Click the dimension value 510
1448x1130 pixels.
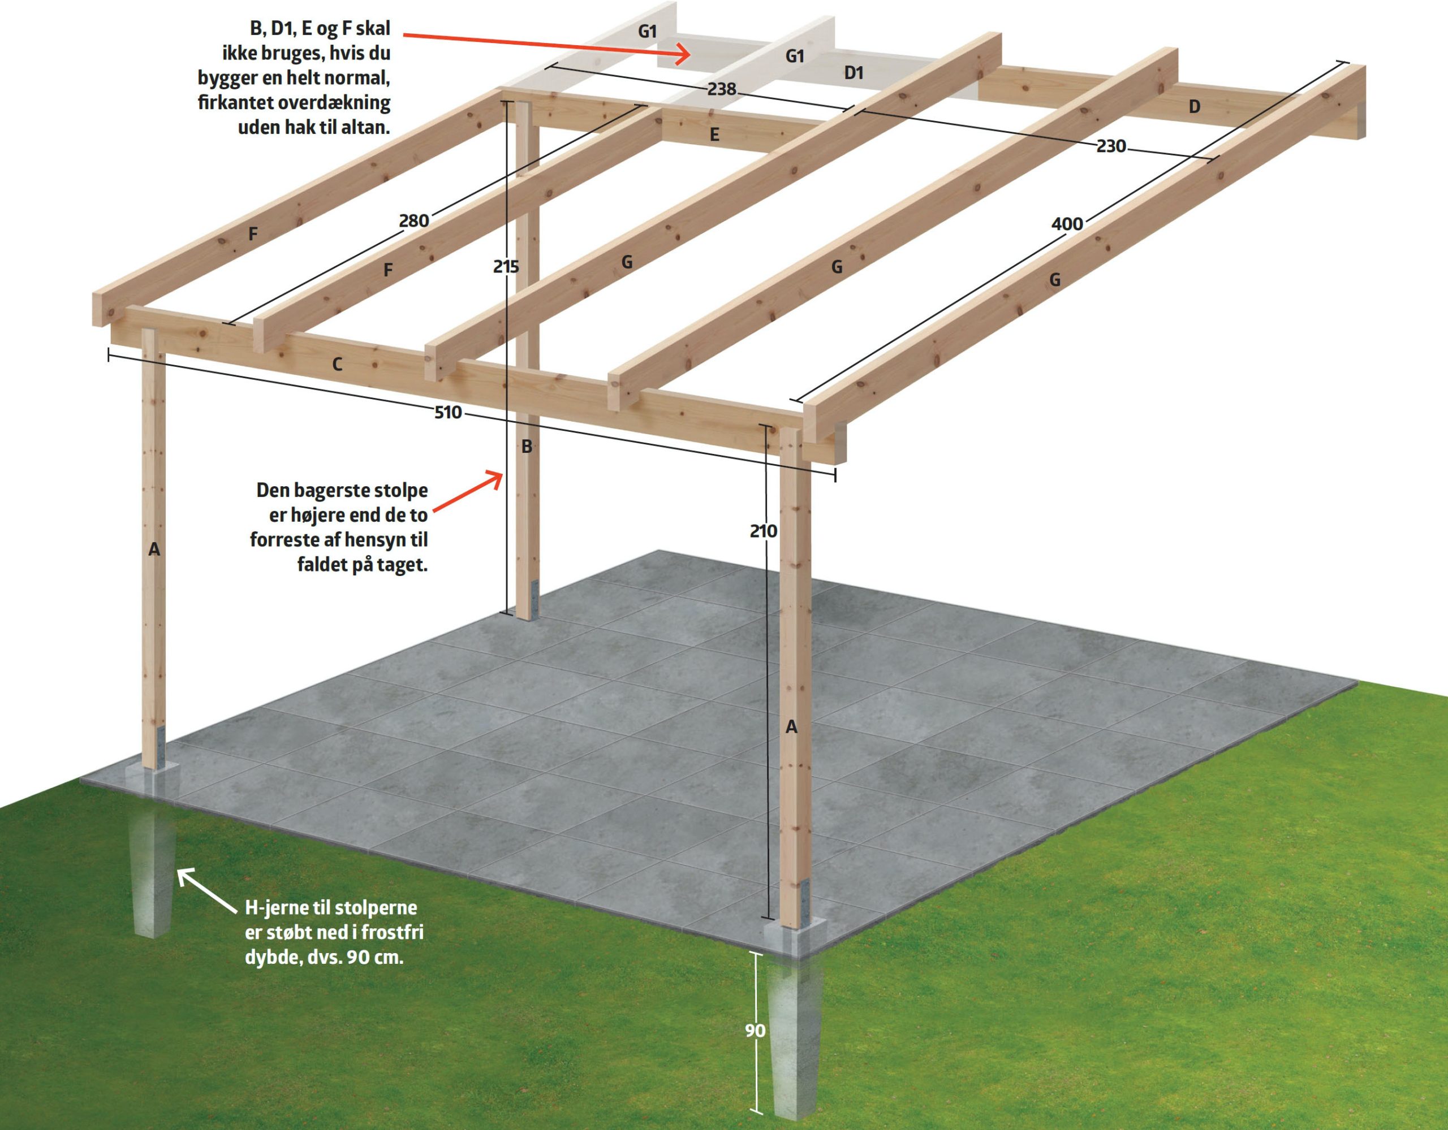pos(447,412)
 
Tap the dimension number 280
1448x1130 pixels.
pos(413,220)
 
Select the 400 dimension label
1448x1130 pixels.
pos(1067,224)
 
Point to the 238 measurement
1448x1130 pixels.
pos(721,89)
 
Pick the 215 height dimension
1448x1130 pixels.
pos(506,266)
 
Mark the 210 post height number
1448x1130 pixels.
pos(763,531)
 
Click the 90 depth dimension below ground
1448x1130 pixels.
pos(755,1031)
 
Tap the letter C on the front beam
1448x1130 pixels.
pos(337,365)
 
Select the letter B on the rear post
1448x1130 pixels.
pos(527,447)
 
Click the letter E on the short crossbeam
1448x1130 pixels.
pos(714,135)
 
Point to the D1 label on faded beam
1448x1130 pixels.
pos(854,73)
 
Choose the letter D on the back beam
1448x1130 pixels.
pos(1194,107)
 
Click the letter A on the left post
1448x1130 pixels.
pos(154,549)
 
